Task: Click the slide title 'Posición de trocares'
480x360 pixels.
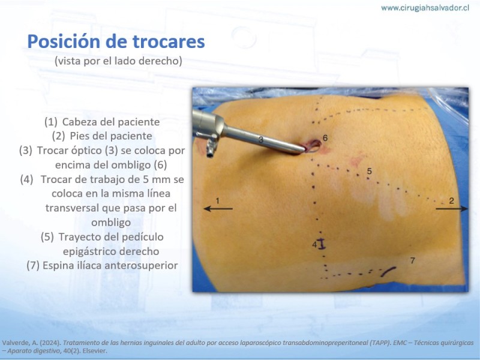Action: pyautogui.click(x=116, y=41)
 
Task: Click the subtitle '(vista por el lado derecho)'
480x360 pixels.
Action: pyautogui.click(x=118, y=61)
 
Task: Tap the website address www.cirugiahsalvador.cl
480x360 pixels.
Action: pyautogui.click(x=425, y=8)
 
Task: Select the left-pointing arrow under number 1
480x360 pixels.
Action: pyautogui.click(x=218, y=208)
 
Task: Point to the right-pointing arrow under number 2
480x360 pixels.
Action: pyautogui.click(x=452, y=208)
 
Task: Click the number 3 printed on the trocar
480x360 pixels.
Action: pyautogui.click(x=261, y=140)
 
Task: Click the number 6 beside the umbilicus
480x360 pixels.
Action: pyautogui.click(x=325, y=138)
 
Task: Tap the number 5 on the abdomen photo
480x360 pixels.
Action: pyautogui.click(x=370, y=171)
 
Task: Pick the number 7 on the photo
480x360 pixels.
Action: pyautogui.click(x=413, y=260)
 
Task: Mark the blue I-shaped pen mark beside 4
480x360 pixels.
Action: pyautogui.click(x=322, y=244)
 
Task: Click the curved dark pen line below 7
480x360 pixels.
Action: pyautogui.click(x=388, y=271)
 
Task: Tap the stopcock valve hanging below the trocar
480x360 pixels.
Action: pyautogui.click(x=211, y=148)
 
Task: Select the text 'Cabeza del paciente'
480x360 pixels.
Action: pyautogui.click(x=111, y=122)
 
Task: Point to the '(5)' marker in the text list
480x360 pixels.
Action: pyautogui.click(x=47, y=237)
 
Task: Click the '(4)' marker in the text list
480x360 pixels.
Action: pyautogui.click(x=27, y=179)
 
